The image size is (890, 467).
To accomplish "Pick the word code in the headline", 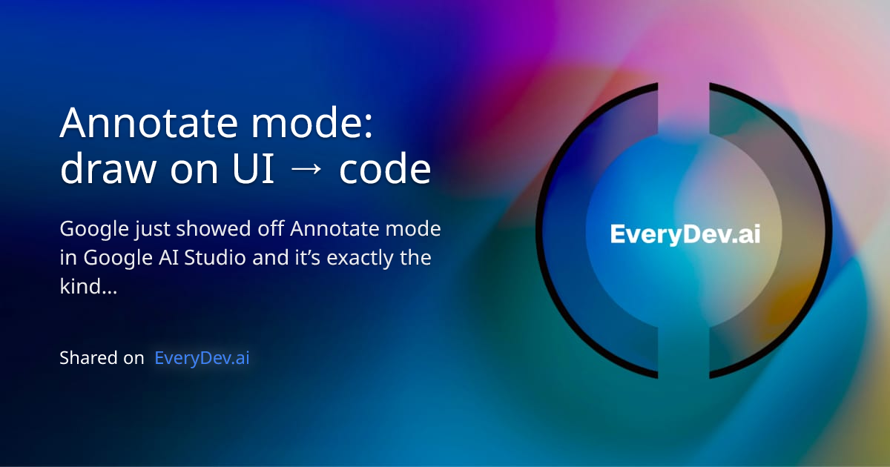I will [x=385, y=170].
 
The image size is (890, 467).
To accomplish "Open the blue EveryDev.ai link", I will [x=202, y=358].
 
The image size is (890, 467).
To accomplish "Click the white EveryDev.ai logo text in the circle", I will [x=685, y=234].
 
